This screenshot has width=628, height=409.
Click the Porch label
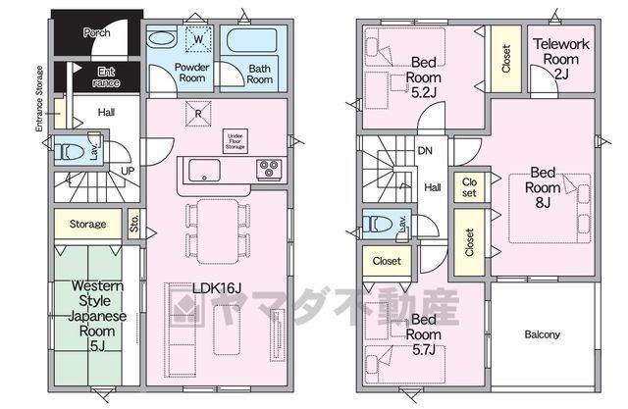(x=96, y=32)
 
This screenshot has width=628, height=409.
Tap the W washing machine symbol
(x=198, y=39)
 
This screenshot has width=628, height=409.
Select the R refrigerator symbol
(x=198, y=114)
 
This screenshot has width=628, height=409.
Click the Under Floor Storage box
(x=235, y=141)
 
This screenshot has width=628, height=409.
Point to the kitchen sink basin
(x=204, y=170)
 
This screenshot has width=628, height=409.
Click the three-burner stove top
(x=269, y=169)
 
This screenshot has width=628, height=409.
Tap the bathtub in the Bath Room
(x=252, y=40)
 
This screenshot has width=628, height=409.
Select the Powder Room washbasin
(x=162, y=39)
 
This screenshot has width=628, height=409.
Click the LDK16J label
(x=217, y=287)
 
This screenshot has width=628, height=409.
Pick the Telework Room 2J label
(x=561, y=59)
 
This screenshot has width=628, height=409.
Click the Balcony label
(x=543, y=334)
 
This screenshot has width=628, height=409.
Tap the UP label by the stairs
(x=128, y=172)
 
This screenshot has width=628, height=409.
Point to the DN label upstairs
(x=425, y=151)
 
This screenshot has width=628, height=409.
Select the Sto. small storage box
(x=134, y=224)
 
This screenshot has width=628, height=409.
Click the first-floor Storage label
(x=87, y=224)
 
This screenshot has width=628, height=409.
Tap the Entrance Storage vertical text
(x=39, y=99)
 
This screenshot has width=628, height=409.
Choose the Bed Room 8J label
(x=543, y=187)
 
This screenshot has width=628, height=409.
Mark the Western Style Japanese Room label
(x=97, y=316)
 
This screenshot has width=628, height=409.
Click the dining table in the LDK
(x=218, y=231)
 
